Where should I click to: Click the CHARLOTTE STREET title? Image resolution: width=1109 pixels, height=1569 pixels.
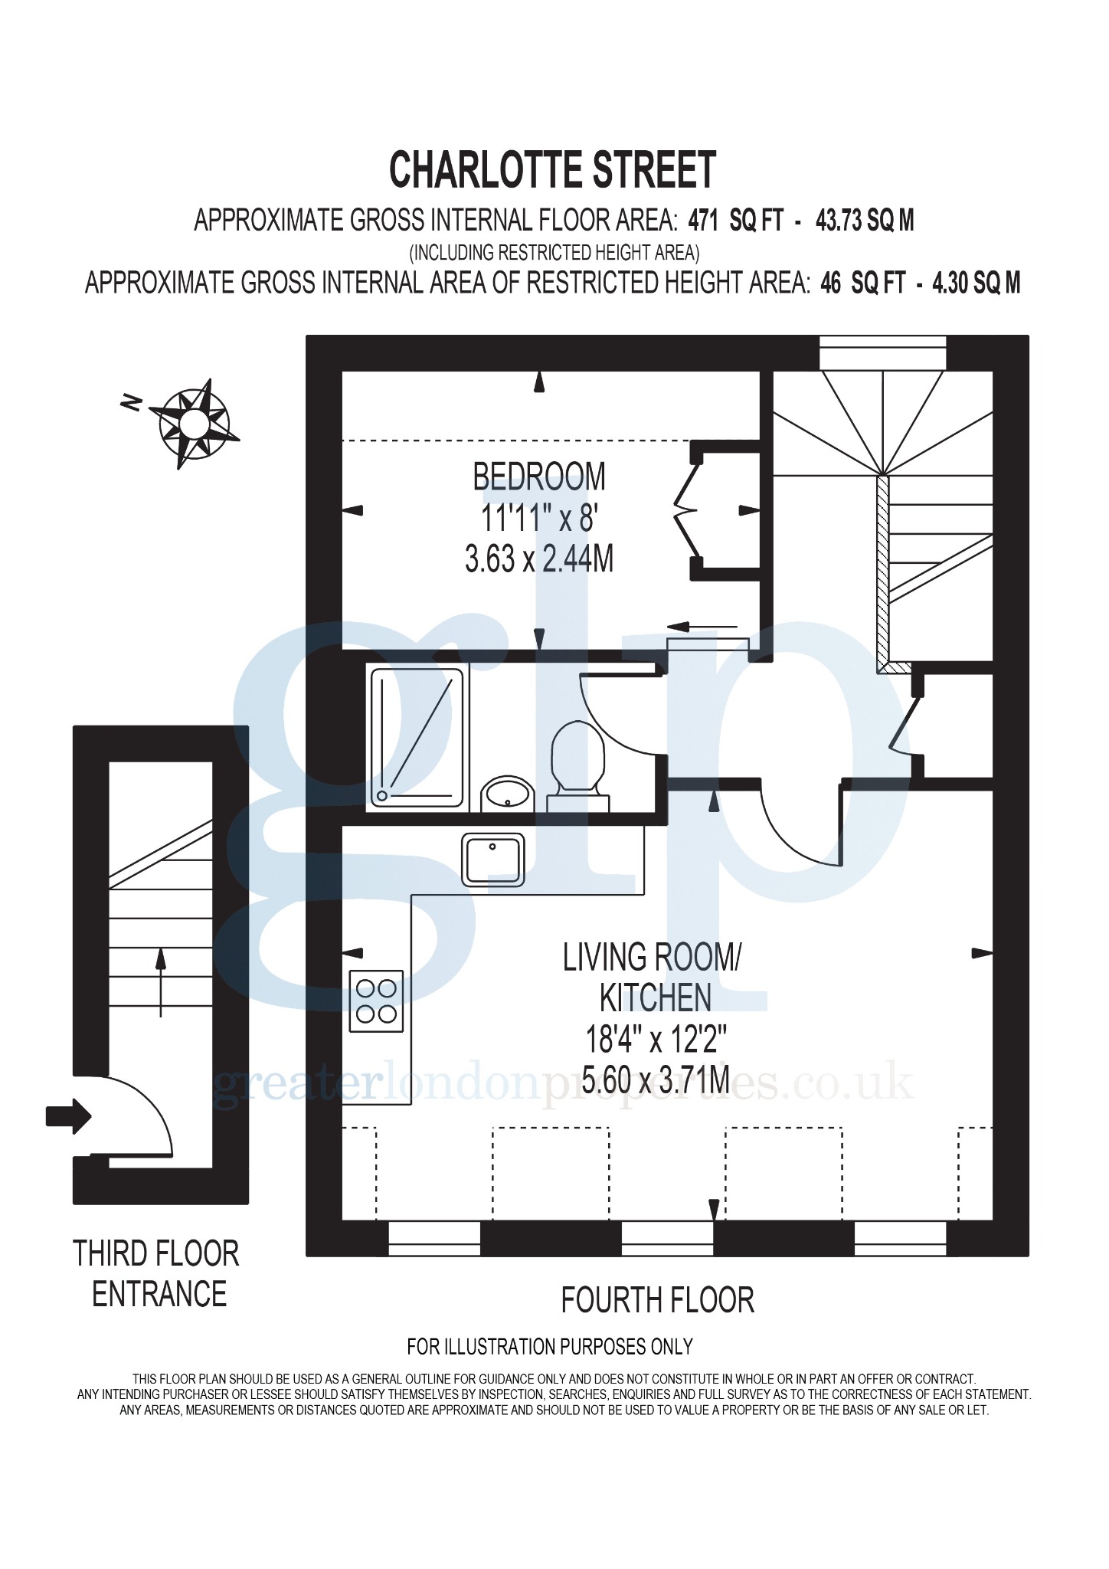coord(552,169)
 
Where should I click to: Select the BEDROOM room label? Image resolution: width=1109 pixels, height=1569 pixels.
coord(539,477)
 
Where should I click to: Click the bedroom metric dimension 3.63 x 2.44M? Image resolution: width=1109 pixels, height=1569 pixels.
coord(539,558)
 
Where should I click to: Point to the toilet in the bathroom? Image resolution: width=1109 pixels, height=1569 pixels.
coord(579,766)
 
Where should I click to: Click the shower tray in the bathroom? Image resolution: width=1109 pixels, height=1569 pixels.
coord(417,737)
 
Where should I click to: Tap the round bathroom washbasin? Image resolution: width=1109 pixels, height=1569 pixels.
coord(506,794)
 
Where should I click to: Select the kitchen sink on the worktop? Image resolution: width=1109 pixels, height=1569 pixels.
coord(493,860)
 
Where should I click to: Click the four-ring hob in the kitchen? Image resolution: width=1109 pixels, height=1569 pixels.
coord(377,1001)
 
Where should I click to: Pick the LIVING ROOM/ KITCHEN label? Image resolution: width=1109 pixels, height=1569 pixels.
coord(653,978)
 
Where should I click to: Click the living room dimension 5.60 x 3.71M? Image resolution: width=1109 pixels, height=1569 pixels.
coord(656,1079)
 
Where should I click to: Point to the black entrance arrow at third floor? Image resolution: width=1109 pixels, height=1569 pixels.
coord(69,1116)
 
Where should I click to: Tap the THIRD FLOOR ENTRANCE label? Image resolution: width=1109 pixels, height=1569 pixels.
coord(156,1274)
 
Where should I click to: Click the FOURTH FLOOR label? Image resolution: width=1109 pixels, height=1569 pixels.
coord(658,1300)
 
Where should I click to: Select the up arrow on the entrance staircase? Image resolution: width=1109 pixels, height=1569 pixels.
coord(161,982)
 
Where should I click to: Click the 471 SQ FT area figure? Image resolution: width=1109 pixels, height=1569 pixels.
coord(736,221)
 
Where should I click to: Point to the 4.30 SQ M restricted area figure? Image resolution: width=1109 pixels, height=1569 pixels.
coord(976,283)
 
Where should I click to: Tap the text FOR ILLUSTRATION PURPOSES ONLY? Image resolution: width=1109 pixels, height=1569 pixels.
coord(550,1345)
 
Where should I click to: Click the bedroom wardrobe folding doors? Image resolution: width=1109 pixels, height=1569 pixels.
coord(687,509)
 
